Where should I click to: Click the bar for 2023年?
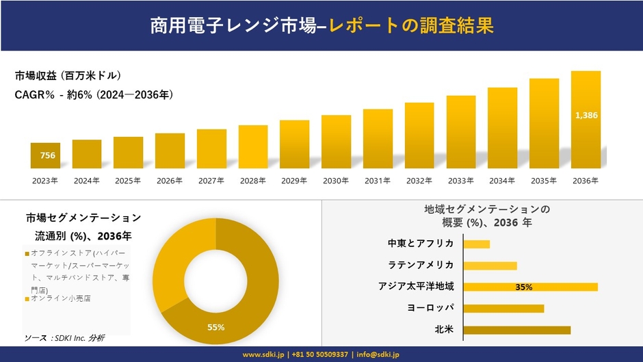45,156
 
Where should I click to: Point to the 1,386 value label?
586,116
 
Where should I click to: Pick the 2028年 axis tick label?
253,181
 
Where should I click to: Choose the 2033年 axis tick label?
460,181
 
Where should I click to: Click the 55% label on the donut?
216,327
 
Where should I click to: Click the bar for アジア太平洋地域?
530,287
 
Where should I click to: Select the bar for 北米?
516,330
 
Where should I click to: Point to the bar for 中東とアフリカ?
476,244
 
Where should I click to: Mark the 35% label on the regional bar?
524,287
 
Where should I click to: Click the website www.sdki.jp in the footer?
265,354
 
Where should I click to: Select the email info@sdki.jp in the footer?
378,354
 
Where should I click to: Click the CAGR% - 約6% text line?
94,95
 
